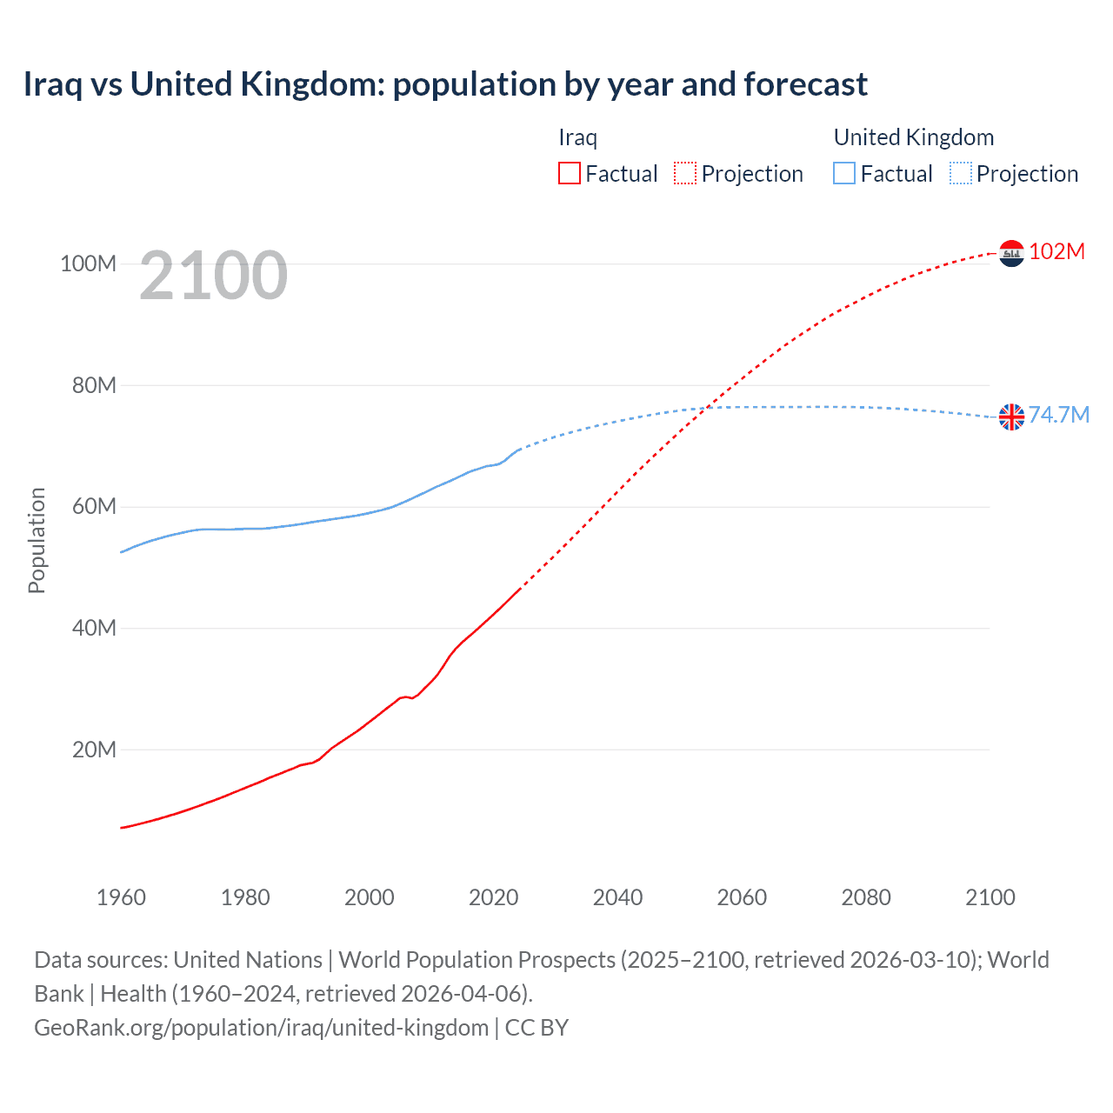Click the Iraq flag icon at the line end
(x=1011, y=253)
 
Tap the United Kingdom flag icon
(x=1011, y=417)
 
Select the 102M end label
(x=1056, y=251)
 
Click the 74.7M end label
(x=1058, y=415)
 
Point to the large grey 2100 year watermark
(x=213, y=276)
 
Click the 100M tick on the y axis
(x=88, y=263)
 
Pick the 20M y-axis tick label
(x=93, y=750)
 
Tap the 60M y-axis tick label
(x=93, y=507)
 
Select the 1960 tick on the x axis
(x=121, y=897)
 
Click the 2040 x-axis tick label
(x=617, y=897)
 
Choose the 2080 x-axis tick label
(x=866, y=897)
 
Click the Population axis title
(x=37, y=541)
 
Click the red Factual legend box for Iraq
(x=570, y=173)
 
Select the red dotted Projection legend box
(x=685, y=173)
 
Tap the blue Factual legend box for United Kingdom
(x=844, y=173)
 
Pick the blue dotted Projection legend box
(x=961, y=173)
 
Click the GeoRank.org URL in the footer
(x=261, y=1028)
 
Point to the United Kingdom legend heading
(x=913, y=137)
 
